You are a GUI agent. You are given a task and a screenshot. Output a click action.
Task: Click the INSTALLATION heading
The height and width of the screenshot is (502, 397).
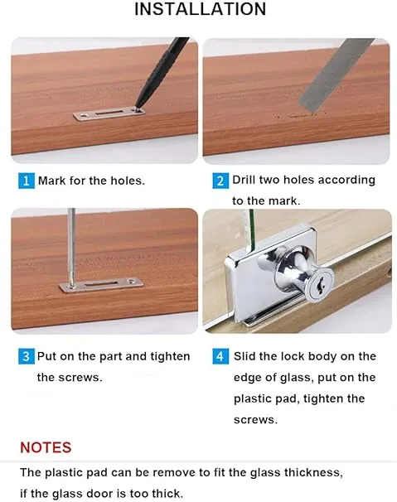(200, 8)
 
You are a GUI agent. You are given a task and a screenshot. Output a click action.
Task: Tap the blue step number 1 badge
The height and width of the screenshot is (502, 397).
(27, 181)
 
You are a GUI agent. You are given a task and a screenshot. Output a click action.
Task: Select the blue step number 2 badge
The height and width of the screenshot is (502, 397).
(220, 181)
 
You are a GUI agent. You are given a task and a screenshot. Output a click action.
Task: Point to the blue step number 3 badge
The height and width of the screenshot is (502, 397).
(27, 356)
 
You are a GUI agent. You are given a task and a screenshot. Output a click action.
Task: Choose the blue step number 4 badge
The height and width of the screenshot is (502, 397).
(220, 356)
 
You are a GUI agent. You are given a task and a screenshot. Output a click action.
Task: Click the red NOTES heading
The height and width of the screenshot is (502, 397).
(46, 447)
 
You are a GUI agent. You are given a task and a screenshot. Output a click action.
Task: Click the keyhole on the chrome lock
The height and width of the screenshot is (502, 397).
(319, 285)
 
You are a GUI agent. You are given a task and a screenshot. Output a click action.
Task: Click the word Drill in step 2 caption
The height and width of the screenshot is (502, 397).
(244, 180)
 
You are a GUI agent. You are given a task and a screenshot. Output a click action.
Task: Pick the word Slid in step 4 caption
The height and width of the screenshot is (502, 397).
(244, 356)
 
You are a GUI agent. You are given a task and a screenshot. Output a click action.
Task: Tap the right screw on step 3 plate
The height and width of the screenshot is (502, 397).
(132, 282)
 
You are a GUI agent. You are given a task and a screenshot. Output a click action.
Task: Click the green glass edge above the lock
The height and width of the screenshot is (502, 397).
(251, 229)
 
